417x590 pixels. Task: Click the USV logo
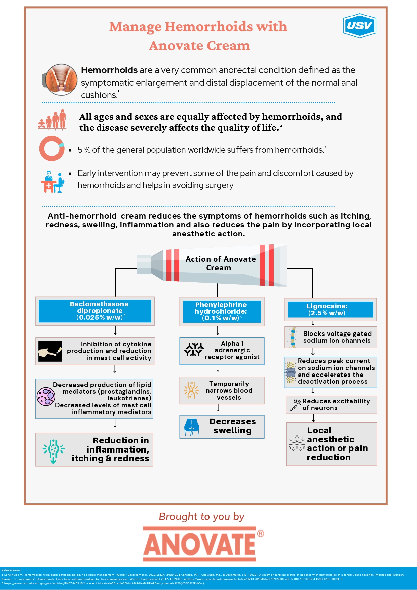coord(359,26)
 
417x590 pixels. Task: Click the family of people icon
coord(53,120)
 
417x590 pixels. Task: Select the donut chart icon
coord(51,149)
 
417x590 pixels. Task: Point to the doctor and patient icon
coord(52,182)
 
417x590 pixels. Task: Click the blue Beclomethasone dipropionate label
coord(95,311)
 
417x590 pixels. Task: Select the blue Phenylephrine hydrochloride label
coord(222,312)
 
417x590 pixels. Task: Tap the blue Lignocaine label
coord(330,309)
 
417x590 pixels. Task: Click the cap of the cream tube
coord(144,264)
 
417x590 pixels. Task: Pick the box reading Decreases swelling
coord(222,427)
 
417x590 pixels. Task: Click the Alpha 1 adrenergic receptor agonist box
coord(222,351)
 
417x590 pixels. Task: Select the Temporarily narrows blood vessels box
coord(222,390)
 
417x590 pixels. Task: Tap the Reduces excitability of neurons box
coord(331,404)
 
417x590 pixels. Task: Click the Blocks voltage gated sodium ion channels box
coord(331,337)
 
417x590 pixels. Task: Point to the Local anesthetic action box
coord(331,444)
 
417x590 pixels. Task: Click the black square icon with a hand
coord(50,351)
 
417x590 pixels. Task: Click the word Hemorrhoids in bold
coord(109,70)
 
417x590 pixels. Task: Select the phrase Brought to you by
coord(202,516)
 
